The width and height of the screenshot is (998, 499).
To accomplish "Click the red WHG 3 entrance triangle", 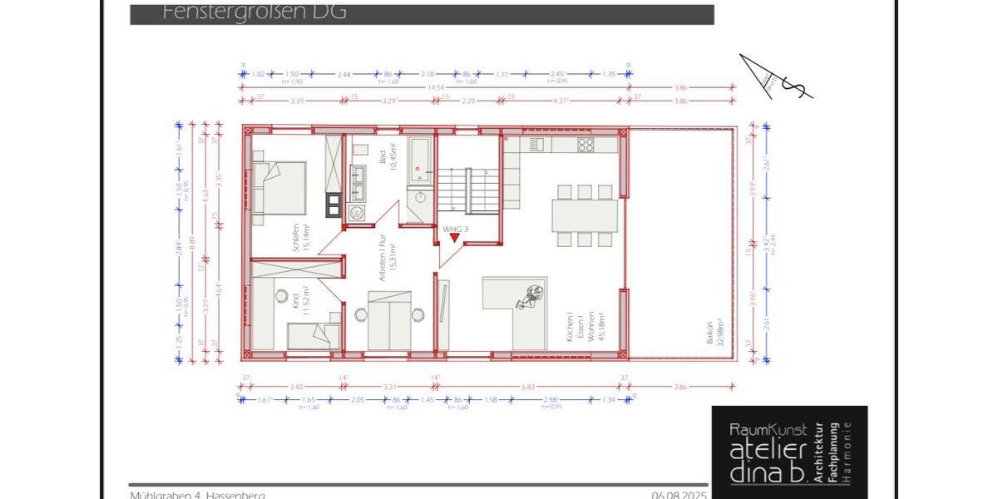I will pyautogui.click(x=454, y=238).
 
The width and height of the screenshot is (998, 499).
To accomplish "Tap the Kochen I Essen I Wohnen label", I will pyautogui.click(x=581, y=326).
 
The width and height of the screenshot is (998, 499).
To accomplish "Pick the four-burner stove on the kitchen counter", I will pyautogui.click(x=585, y=145).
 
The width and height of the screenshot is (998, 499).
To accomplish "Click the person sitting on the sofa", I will pyautogui.click(x=529, y=295).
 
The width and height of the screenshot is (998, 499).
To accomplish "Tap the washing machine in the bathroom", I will pyautogui.click(x=358, y=213).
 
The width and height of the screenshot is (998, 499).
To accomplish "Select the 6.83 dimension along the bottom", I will pyautogui.click(x=530, y=387).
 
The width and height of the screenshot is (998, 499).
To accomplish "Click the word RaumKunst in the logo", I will pyautogui.click(x=768, y=430).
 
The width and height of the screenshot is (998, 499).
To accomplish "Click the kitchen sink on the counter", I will pyautogui.click(x=536, y=145).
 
